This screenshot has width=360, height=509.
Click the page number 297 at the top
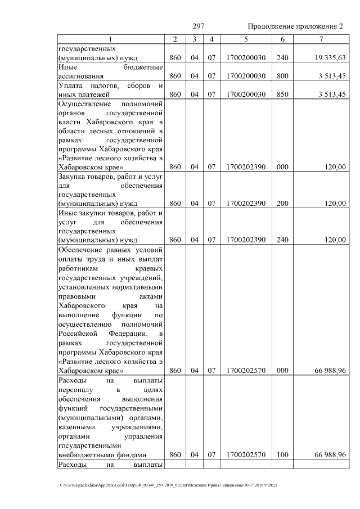(198, 27)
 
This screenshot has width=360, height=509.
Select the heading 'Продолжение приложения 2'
(294, 27)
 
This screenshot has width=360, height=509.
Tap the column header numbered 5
(246, 39)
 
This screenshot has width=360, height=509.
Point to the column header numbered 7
(321, 39)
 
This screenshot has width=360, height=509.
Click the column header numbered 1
(110, 39)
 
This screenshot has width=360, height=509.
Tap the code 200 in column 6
(282, 204)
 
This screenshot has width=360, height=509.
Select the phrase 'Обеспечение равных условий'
(110, 249)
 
